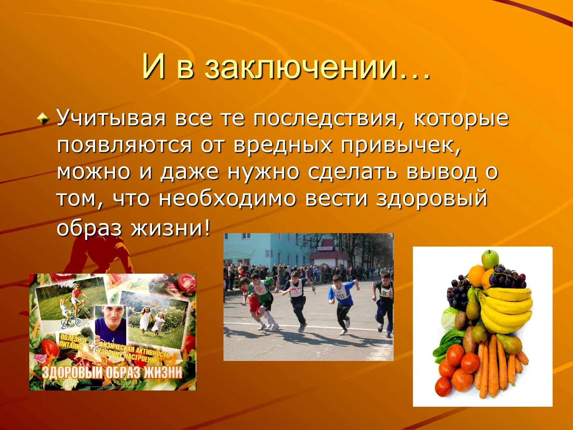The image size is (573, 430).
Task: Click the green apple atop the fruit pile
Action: [490, 259]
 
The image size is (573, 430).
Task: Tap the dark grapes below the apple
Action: [506, 277]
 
